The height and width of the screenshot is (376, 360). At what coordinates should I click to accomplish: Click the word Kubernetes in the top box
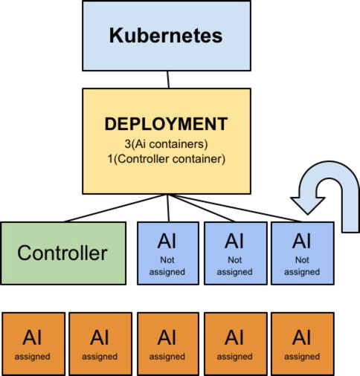pos(166,36)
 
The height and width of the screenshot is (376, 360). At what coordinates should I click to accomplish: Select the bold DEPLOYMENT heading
pos(166,124)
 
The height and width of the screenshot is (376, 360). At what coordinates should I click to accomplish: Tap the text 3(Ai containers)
pos(166,144)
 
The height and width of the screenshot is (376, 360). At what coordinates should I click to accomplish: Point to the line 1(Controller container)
pos(167,159)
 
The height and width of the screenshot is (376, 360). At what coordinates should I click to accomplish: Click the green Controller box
pos(63,253)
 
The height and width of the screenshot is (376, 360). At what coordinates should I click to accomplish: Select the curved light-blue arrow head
pos(308,206)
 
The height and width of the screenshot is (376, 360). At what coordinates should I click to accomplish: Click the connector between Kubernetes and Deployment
pos(168,80)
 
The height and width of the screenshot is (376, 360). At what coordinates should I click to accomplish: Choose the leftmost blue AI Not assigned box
pos(168,253)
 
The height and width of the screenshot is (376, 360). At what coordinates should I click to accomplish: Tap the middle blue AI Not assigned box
pos(236,253)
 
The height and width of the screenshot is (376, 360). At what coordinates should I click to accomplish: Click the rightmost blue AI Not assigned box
pos(303,253)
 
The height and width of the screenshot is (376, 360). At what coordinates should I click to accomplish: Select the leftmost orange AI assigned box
pos(33,344)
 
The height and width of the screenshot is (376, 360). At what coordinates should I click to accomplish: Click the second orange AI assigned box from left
pos(100,344)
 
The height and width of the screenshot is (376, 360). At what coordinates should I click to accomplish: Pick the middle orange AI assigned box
pos(168,344)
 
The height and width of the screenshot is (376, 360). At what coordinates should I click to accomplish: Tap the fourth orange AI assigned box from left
pos(236,344)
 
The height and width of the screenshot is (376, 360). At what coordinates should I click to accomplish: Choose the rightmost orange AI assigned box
pos(303,344)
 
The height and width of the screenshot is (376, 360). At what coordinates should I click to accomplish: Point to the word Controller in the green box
pos(62,253)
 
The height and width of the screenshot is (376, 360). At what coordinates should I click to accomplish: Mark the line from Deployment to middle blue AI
pos(202,208)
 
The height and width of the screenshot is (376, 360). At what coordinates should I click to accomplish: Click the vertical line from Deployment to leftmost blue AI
pos(168,208)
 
